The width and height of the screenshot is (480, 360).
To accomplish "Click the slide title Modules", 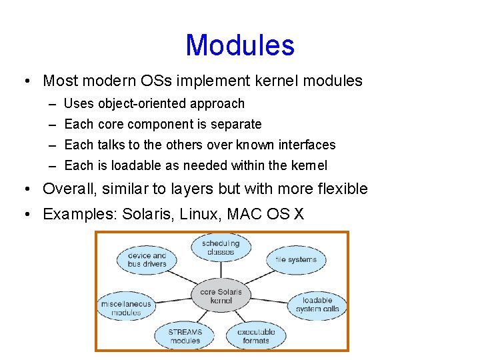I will [x=240, y=45].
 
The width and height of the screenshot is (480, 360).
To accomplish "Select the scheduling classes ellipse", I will [x=221, y=248].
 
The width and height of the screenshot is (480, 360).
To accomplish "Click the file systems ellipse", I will [x=296, y=259].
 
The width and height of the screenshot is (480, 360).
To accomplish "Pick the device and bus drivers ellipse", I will [x=147, y=260].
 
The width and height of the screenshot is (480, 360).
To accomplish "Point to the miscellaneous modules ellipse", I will [x=126, y=308].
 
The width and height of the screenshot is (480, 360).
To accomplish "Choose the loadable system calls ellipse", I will [x=317, y=305].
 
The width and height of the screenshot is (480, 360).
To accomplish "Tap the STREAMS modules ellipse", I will [x=185, y=336].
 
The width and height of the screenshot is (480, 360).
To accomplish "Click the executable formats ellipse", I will [x=255, y=336].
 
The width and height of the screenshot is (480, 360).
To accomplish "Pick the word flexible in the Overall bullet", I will [x=338, y=189].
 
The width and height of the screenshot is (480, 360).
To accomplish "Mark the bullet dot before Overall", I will [x=25, y=189].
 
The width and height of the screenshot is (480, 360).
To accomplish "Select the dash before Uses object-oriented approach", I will [x=52, y=103].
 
